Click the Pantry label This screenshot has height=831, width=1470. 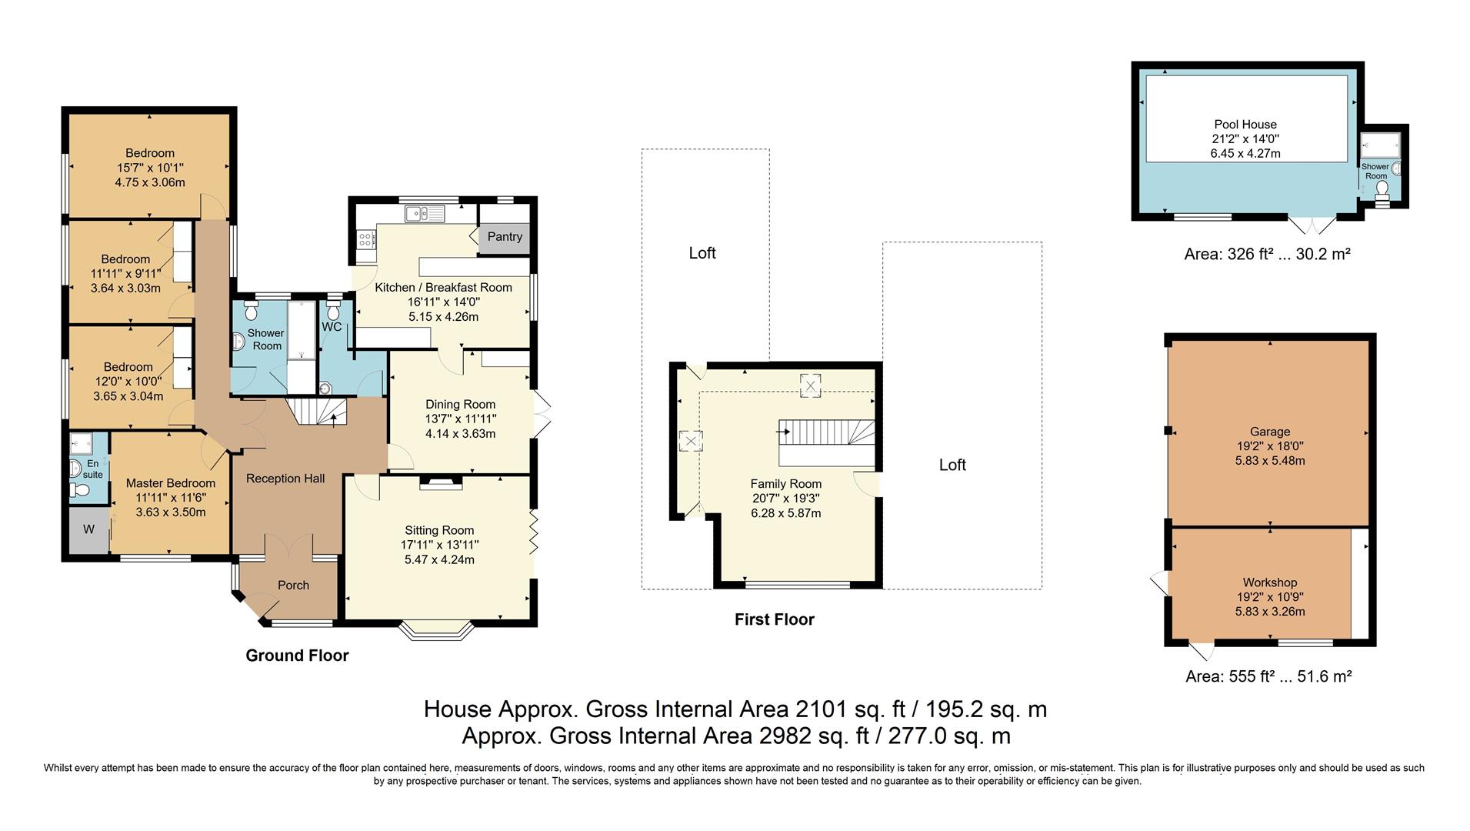pyautogui.click(x=505, y=237)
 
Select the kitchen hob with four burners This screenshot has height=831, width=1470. pyautogui.click(x=365, y=240)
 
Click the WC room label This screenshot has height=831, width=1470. pyautogui.click(x=332, y=327)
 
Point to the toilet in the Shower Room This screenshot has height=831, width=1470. pyautogui.click(x=251, y=312)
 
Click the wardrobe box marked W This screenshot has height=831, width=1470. pyautogui.click(x=88, y=529)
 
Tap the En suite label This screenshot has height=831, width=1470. pyautogui.click(x=92, y=469)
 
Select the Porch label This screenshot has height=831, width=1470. pyautogui.click(x=293, y=586)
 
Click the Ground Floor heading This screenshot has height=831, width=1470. pyautogui.click(x=297, y=656)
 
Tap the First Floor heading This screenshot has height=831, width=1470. pyautogui.click(x=774, y=619)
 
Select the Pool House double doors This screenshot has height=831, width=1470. pyautogui.click(x=1312, y=225)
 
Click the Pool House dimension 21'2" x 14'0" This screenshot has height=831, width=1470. pyautogui.click(x=1245, y=139)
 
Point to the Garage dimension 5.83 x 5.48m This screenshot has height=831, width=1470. pyautogui.click(x=1269, y=461)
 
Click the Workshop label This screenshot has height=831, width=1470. pyautogui.click(x=1269, y=583)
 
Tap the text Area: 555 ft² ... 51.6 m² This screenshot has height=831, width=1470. pyautogui.click(x=1268, y=677)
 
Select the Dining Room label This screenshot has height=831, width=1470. pyautogui.click(x=460, y=405)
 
